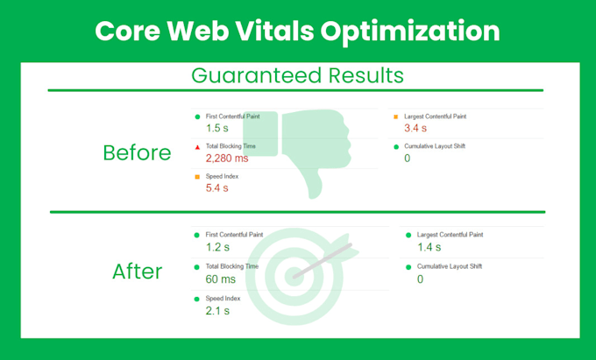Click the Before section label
(x=137, y=152)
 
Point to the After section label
(x=137, y=272)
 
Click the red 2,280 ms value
(x=227, y=159)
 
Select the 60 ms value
(x=221, y=279)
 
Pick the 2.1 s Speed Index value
(x=217, y=311)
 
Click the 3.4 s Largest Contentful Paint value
(x=415, y=129)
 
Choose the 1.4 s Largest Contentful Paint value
(x=429, y=248)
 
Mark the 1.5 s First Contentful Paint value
(x=217, y=129)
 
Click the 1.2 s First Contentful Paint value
(x=217, y=248)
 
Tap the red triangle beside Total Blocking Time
(x=197, y=147)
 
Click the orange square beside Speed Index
(x=197, y=177)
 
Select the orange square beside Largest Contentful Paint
(x=395, y=116)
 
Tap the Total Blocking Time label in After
(x=232, y=266)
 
